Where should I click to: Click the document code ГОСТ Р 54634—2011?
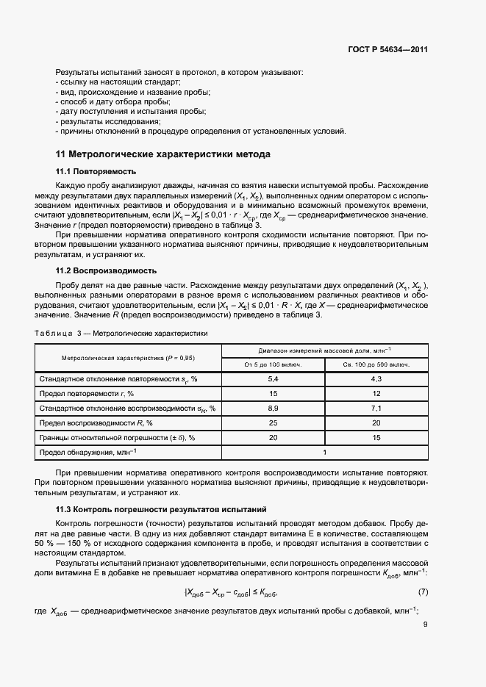pyautogui.click(x=387, y=50)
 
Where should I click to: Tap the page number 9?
pyautogui.click(x=426, y=625)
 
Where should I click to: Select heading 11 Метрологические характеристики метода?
pyautogui.click(x=163, y=154)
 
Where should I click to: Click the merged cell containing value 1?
pyautogui.click(x=324, y=453)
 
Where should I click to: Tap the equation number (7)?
pyautogui.click(x=423, y=591)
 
